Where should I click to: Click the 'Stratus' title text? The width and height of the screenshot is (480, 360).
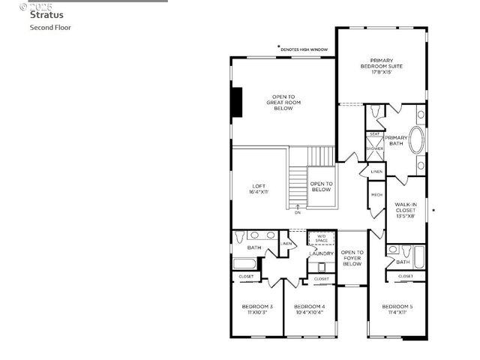pyautogui.click(x=46, y=14)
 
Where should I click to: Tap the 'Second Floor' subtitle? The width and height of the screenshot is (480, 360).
pyautogui.click(x=50, y=28)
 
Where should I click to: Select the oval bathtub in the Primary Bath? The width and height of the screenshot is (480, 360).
pyautogui.click(x=395, y=140)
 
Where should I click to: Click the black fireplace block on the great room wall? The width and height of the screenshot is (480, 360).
pyautogui.click(x=236, y=103)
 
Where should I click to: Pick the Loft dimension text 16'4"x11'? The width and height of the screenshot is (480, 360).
pyautogui.click(x=259, y=192)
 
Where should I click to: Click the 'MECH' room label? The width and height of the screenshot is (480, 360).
pyautogui.click(x=376, y=196)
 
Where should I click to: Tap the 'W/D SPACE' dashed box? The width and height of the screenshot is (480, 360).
pyautogui.click(x=321, y=239)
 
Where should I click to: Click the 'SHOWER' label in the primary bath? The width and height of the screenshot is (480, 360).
pyautogui.click(x=375, y=148)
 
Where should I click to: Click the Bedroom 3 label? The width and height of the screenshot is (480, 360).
pyautogui.click(x=256, y=307)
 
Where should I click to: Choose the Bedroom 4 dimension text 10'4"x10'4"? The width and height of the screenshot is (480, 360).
pyautogui.click(x=309, y=313)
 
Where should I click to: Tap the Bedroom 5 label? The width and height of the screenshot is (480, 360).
pyautogui.click(x=397, y=307)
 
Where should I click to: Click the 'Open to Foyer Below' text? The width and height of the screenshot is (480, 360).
pyautogui.click(x=352, y=259)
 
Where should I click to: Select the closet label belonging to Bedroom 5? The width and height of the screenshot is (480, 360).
pyautogui.click(x=405, y=276)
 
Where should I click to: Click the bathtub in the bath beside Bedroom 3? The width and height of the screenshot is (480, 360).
pyautogui.click(x=244, y=263)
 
